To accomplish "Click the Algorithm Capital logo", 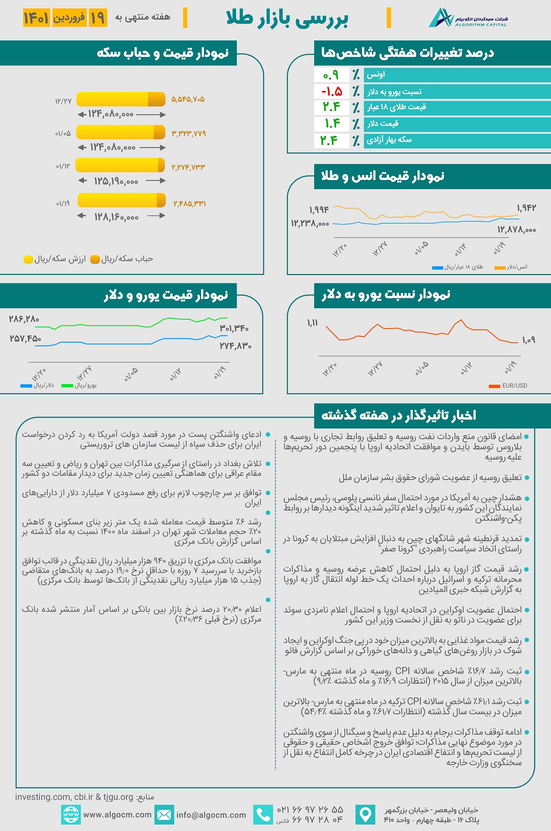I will click(468, 18).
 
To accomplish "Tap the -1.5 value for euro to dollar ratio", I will click(332, 91).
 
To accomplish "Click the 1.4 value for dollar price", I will click(332, 124).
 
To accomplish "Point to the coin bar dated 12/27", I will click(121, 99).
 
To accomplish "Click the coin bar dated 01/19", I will click(122, 200).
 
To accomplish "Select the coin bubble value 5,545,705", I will click(188, 99).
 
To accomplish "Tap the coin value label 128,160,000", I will click(116, 217).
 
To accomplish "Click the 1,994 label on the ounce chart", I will click(319, 210).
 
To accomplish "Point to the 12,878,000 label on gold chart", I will click(517, 230).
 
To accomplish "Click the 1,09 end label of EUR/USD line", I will click(529, 340).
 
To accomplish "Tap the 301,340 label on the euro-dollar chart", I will click(234, 328).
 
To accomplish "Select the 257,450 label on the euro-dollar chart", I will click(25, 339).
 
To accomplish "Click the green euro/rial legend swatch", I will click(67, 386).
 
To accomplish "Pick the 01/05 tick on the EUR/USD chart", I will click(422, 368).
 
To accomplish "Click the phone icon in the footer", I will click(263, 815).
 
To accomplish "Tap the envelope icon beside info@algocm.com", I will click(164, 815).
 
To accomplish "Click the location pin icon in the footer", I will click(365, 815).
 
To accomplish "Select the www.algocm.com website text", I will click(118, 815).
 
